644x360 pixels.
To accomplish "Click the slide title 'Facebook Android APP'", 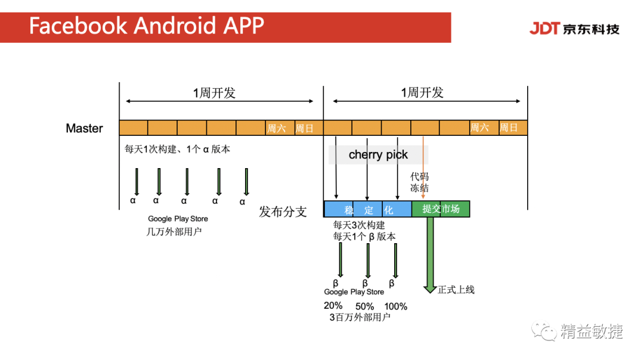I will (x=147, y=26).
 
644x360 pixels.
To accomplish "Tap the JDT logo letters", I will (x=544, y=28).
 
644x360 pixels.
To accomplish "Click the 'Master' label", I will (x=84, y=128).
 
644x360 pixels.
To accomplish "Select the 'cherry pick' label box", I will (x=378, y=155).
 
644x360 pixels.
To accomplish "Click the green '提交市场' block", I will (x=441, y=209).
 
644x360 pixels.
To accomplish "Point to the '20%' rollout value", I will (x=333, y=306).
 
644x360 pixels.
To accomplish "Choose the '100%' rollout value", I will (x=395, y=306).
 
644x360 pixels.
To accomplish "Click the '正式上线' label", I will (x=456, y=290).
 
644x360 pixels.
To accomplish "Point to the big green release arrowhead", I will (x=429, y=289).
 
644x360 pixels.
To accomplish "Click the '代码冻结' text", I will (x=419, y=182).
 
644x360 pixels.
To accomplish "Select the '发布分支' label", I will (x=283, y=212).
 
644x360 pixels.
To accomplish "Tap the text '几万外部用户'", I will (x=174, y=231).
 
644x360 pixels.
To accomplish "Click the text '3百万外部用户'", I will (x=360, y=317).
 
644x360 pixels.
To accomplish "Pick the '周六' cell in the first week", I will (x=276, y=128).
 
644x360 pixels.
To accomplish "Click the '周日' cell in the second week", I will (x=509, y=128).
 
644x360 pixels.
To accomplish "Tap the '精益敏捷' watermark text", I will (x=591, y=331).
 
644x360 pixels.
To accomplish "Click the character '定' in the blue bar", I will (x=369, y=210).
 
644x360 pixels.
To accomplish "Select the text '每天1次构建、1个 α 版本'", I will (x=177, y=149).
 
